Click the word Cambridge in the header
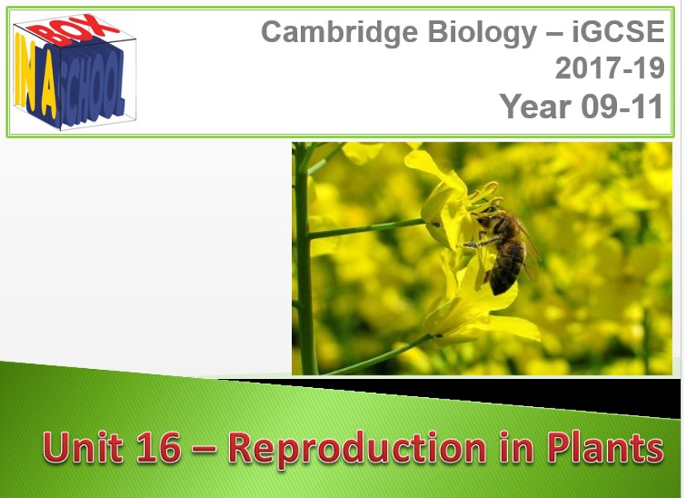[340, 33]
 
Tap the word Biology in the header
[482, 33]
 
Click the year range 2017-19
[610, 68]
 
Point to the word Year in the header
[536, 106]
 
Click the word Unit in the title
[83, 447]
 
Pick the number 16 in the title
[158, 447]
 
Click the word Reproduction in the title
[357, 448]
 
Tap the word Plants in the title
[605, 447]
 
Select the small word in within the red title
[516, 447]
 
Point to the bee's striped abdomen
[506, 270]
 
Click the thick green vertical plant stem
[304, 258]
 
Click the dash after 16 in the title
[204, 449]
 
